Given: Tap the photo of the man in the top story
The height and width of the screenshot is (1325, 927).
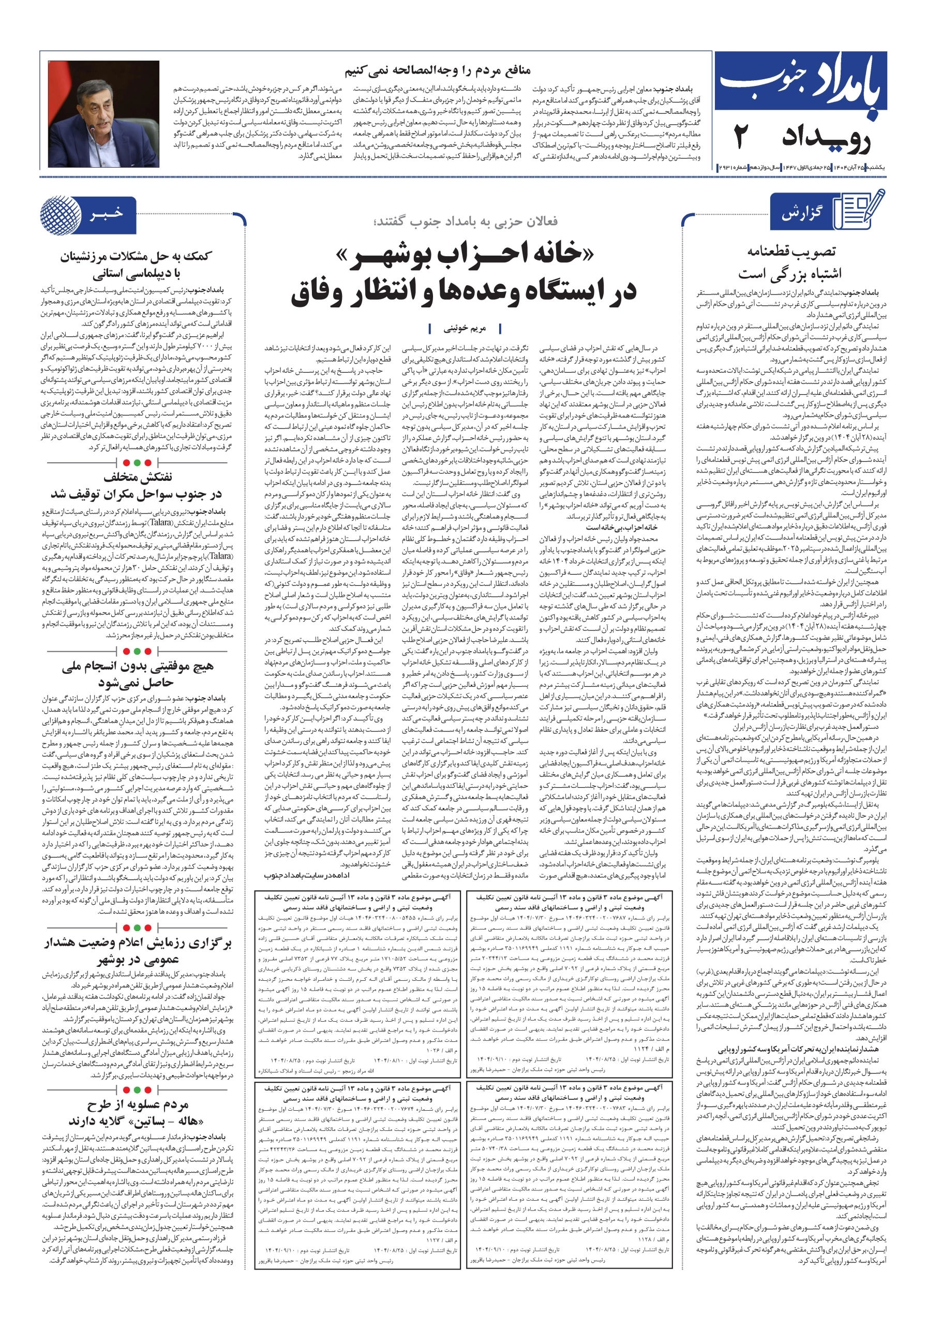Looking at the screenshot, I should click(x=104, y=114).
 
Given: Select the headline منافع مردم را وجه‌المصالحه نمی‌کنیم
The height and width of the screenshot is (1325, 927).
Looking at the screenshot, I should click(x=437, y=71).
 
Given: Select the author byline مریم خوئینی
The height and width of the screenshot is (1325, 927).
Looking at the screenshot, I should click(x=465, y=328).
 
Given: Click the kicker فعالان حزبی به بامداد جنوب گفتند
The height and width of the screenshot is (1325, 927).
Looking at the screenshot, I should click(x=465, y=221).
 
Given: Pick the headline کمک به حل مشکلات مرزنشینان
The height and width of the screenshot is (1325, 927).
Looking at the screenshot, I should click(x=137, y=256).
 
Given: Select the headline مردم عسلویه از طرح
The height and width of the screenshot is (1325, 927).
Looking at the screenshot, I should click(x=138, y=1104).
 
